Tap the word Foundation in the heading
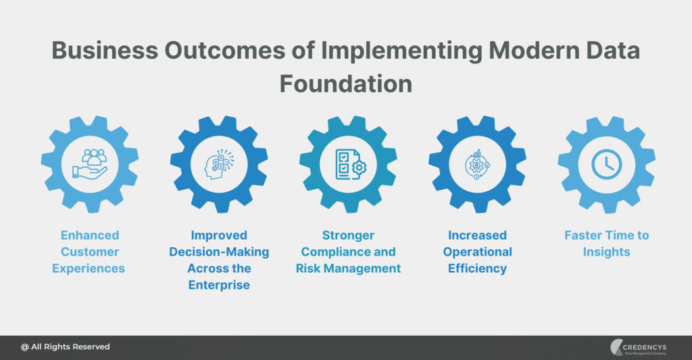[x=345, y=84]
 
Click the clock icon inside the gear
[x=606, y=164]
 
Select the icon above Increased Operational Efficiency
[x=477, y=164]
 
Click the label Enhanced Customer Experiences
[x=90, y=252]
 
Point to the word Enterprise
[x=219, y=285]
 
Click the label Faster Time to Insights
[x=606, y=243]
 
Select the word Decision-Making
[x=219, y=252]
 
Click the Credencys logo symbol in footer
[x=616, y=346]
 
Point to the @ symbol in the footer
[x=25, y=346]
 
